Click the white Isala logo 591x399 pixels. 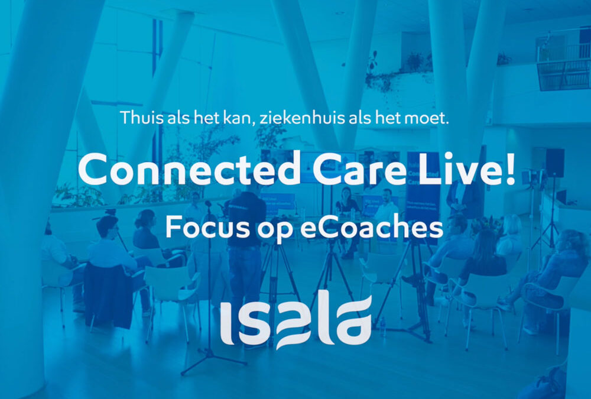(295, 322)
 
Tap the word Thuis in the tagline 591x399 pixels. (138, 118)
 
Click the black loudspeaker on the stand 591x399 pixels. (554, 163)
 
